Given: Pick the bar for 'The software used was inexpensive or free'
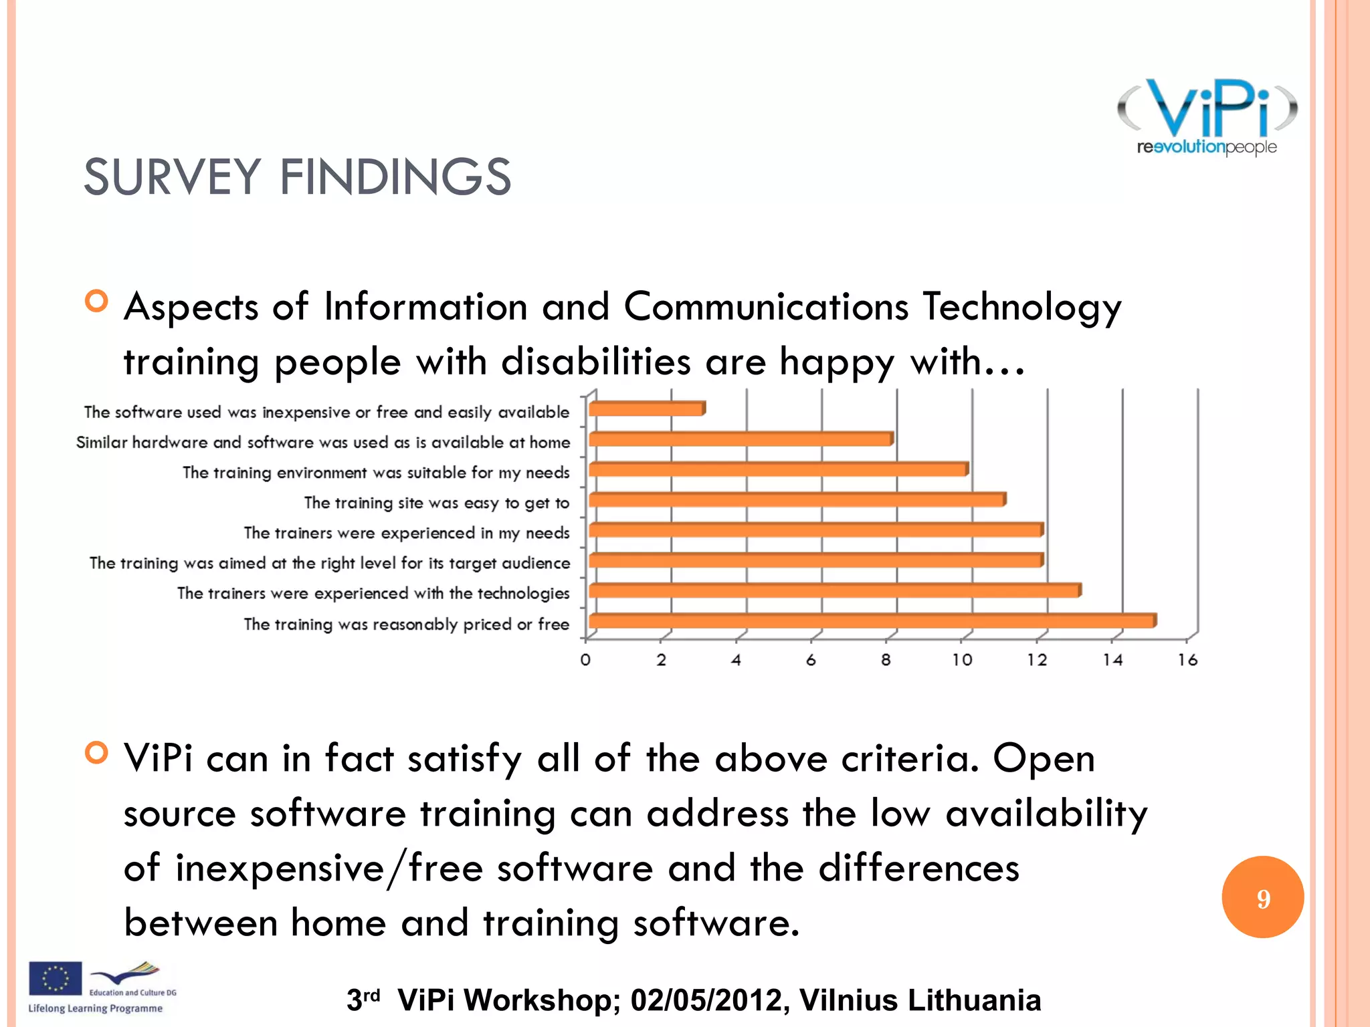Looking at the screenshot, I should pos(646,409).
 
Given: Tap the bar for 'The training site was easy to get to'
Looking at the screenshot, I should pos(796,499).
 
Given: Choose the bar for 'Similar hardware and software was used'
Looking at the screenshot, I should pos(740,439).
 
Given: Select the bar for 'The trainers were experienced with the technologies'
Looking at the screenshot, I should pos(834,590).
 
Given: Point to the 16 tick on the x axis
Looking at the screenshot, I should pos(1187,660).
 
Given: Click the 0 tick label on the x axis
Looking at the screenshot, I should pos(585,660).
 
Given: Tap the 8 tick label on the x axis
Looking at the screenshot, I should pos(886,660).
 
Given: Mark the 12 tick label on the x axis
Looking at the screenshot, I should pos(1037,660).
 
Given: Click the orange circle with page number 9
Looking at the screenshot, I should pos(1262,897).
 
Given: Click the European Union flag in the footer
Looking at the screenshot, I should pos(55,978).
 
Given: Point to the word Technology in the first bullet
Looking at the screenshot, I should pos(1022,308).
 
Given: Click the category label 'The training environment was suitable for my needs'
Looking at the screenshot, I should pos(376,473).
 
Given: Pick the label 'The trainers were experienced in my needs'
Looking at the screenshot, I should pos(406,533).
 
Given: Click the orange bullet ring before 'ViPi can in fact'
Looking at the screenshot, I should pos(97,753).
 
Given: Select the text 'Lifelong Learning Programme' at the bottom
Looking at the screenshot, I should pos(95,1008).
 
